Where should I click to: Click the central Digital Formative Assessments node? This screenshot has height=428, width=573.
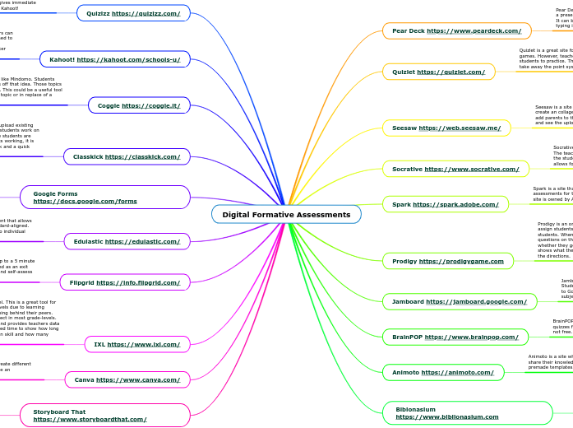[286, 215]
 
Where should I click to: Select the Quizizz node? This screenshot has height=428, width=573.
[133, 13]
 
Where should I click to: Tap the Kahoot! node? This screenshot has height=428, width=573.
[115, 59]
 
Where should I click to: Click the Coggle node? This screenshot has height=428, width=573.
[139, 105]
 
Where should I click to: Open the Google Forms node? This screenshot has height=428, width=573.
[105, 197]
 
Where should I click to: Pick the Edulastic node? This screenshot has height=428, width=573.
[127, 241]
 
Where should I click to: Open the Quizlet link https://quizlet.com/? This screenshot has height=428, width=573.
[451, 72]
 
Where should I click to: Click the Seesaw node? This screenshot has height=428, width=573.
[446, 128]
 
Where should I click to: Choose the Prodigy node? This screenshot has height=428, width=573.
[448, 261]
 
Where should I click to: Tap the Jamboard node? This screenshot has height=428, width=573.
[455, 302]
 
